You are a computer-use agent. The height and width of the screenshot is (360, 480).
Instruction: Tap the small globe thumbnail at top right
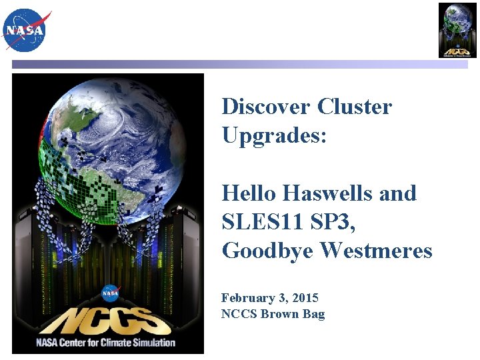(x=457, y=30)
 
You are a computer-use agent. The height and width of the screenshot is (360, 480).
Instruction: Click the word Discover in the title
(x=267, y=107)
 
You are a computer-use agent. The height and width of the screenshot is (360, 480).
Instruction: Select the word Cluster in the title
(x=355, y=107)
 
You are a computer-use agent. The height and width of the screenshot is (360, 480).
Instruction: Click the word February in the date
(x=248, y=298)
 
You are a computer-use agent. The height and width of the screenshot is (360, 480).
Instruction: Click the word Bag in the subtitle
(x=313, y=314)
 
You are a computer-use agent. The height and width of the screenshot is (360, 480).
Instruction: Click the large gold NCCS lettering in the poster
(x=109, y=321)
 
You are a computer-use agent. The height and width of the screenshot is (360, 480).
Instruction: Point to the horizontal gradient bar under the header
(x=240, y=65)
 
